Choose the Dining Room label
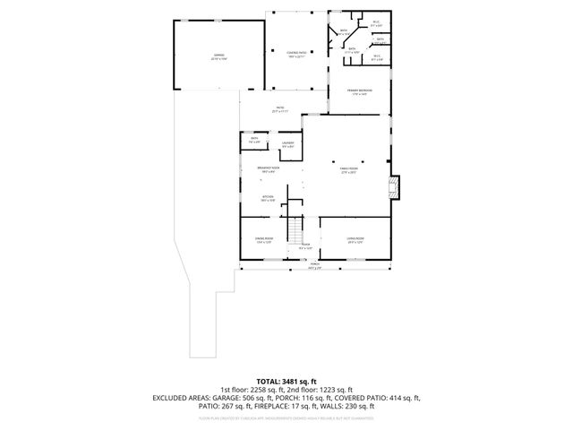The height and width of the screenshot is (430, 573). (x=264, y=239)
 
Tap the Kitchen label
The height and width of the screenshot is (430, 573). (x=267, y=198)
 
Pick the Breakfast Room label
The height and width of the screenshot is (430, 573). (x=267, y=170)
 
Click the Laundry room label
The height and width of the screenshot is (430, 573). (x=288, y=144)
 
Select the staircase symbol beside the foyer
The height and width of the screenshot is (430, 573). (x=295, y=232)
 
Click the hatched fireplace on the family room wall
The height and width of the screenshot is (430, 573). (x=394, y=187)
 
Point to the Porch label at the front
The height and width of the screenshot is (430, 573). (x=314, y=265)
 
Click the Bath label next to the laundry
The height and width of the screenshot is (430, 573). (x=254, y=140)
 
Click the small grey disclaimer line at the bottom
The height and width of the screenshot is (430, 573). (x=286, y=417)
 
